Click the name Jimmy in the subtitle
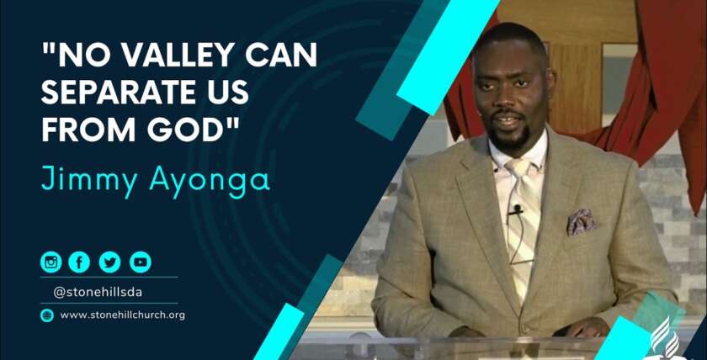coord(89,181)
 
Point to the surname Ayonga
coord(210,182)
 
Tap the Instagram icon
coord(51,262)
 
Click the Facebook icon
coord(79,262)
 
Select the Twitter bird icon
coord(109,262)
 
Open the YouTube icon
coord(141,262)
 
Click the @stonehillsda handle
coord(98,293)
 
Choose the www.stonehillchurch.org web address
coord(123,315)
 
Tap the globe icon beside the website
coord(47,315)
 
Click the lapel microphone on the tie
coord(516,210)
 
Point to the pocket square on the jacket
coord(582,221)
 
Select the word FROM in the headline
coord(90,130)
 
